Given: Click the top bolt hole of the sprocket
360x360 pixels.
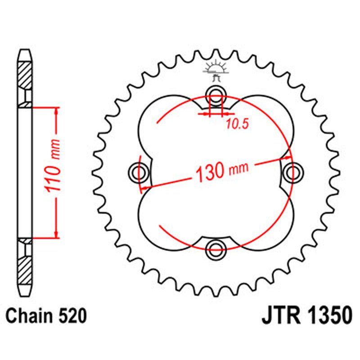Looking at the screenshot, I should [216, 94].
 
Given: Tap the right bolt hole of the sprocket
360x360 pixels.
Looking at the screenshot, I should [293, 171].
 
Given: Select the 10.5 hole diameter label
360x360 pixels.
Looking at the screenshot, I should [237, 125].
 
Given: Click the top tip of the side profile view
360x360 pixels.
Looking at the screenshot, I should [26, 50].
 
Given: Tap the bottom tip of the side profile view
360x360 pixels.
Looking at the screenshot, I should [26, 292].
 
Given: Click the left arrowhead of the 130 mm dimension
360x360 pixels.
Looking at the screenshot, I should [146, 186].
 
